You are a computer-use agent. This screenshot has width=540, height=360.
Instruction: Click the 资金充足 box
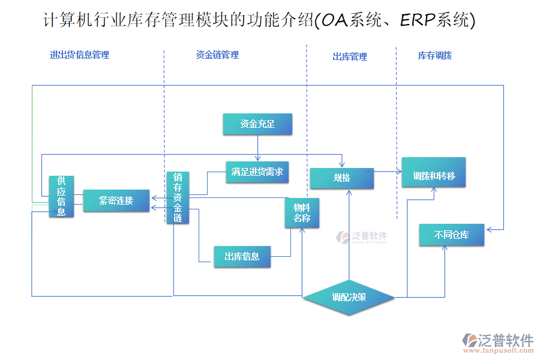[257, 124]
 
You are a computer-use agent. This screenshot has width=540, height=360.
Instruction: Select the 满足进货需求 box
[257, 172]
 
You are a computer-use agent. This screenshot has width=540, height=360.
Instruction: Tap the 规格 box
[341, 178]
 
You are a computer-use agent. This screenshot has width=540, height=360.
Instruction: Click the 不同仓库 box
[451, 235]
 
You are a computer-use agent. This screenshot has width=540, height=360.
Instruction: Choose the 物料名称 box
[302, 213]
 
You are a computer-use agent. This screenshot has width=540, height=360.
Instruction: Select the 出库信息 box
[242, 256]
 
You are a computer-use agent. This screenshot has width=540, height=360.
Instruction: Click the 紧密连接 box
[116, 200]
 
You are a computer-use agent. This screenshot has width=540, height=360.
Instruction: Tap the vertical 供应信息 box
[61, 196]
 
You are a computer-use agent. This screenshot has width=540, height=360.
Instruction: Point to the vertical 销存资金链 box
[178, 197]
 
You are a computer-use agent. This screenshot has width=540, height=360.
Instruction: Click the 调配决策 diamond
[349, 297]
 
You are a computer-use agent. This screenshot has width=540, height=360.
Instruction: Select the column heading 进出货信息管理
[79, 55]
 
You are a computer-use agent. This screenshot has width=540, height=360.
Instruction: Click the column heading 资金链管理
[217, 55]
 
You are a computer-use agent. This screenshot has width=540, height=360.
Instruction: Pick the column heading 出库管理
[350, 57]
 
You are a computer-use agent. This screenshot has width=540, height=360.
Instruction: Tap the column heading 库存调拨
[434, 56]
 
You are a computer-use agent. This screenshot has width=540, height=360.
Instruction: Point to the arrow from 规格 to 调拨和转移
[387, 172]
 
